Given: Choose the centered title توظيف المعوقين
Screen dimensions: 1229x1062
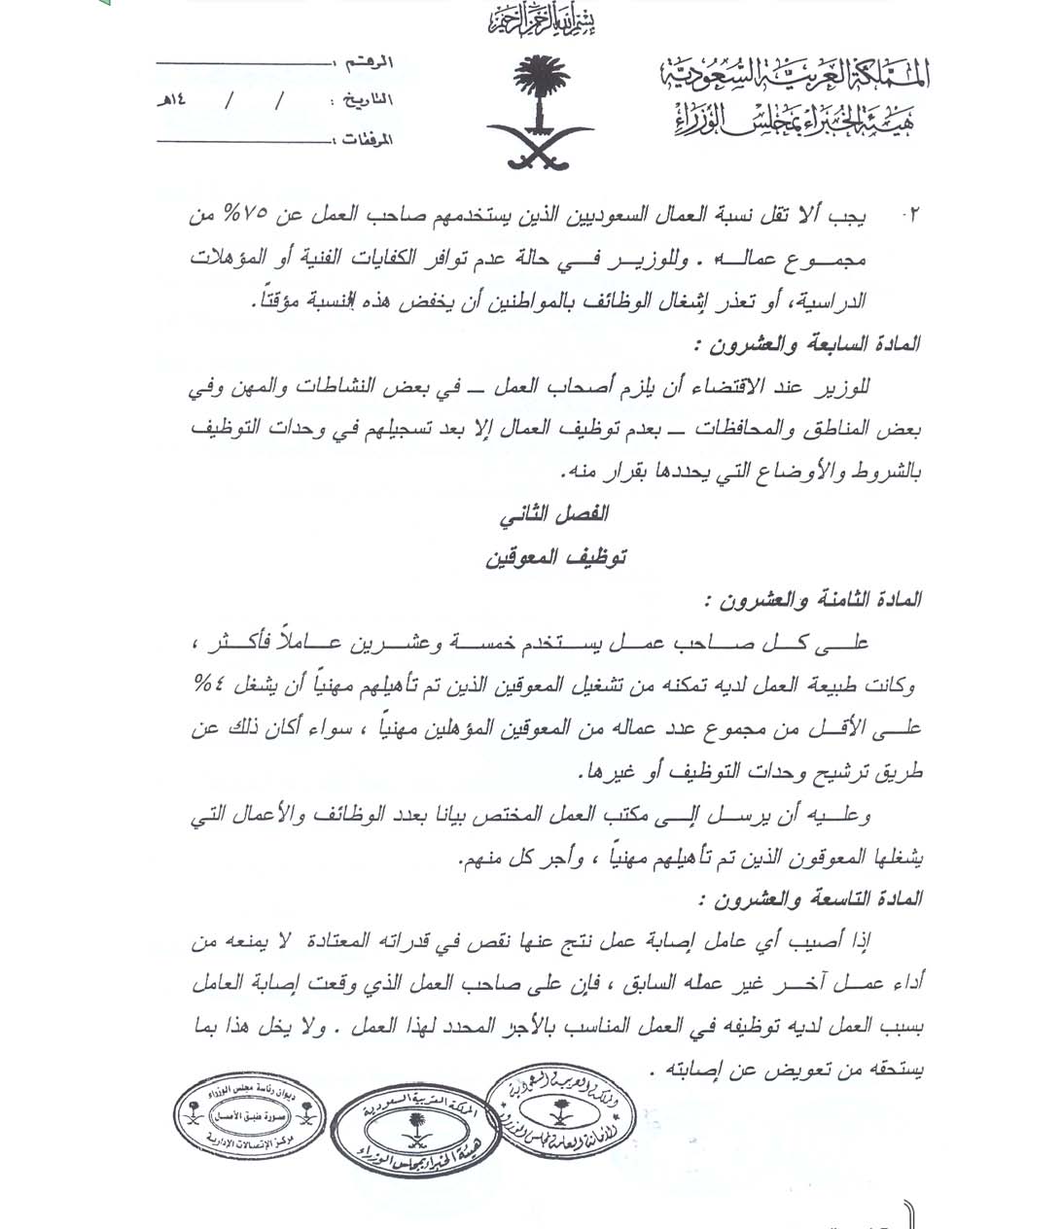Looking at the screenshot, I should click(x=555, y=557).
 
